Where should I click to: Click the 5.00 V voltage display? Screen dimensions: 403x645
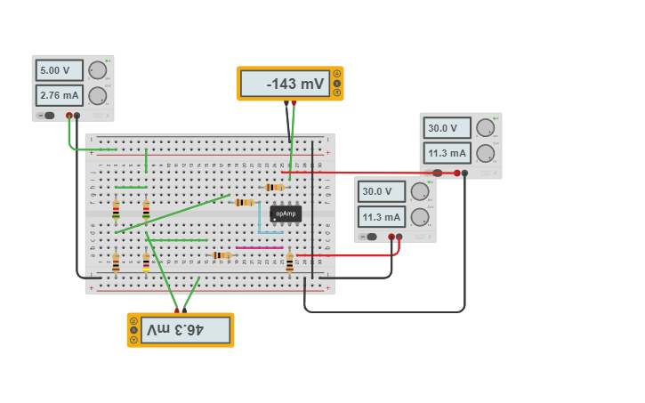(x=59, y=70)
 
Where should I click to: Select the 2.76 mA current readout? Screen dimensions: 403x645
(x=59, y=95)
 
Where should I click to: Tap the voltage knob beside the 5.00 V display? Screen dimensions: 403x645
(x=98, y=70)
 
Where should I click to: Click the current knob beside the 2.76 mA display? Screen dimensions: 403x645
(x=98, y=96)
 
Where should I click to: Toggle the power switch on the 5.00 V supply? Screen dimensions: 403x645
(x=46, y=116)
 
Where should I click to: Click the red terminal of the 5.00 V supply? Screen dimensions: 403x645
(x=69, y=116)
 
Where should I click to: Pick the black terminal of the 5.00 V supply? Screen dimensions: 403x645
(x=77, y=116)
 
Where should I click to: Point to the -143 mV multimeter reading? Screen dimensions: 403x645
(x=285, y=85)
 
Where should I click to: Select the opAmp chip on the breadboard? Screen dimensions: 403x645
(x=286, y=214)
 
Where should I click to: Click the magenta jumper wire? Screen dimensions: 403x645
(x=260, y=247)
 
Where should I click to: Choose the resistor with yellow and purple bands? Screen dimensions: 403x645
(x=146, y=263)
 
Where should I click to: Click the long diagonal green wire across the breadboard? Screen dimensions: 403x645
(x=173, y=214)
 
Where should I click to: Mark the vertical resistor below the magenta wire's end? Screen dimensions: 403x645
(x=289, y=262)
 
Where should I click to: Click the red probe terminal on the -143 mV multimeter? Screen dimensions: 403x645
(x=294, y=103)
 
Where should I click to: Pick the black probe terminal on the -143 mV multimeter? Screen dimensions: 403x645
(x=286, y=103)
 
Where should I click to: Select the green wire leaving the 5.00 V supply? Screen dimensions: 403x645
(x=85, y=149)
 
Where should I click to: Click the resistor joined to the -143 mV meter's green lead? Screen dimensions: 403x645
(x=275, y=188)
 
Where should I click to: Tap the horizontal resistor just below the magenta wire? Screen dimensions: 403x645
(x=222, y=255)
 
